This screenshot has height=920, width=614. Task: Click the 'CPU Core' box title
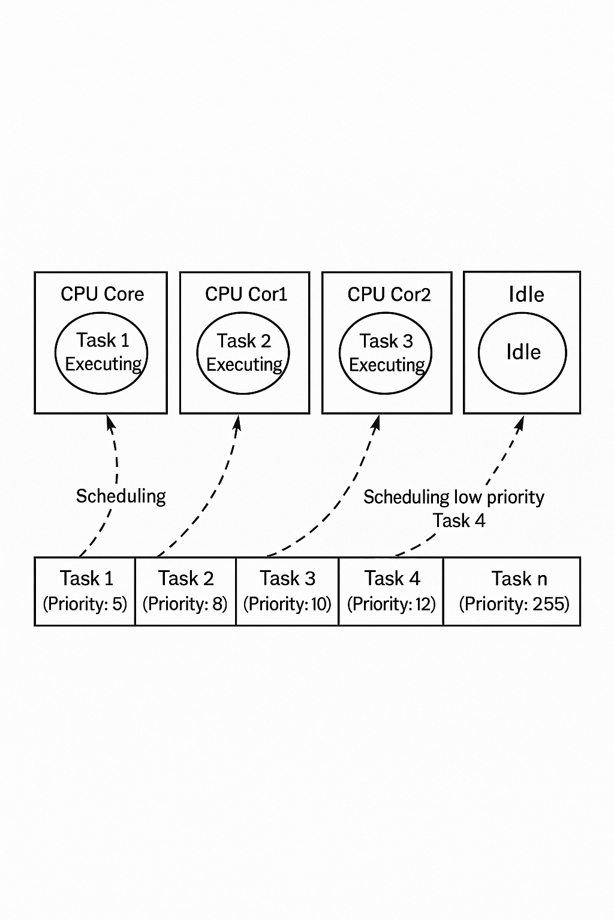[x=102, y=294]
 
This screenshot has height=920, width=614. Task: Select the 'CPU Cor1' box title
[x=246, y=294]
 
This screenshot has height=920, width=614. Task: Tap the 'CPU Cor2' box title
[x=389, y=295]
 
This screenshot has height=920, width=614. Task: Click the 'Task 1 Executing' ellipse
[x=101, y=353]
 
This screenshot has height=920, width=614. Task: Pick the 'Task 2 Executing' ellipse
[x=243, y=353]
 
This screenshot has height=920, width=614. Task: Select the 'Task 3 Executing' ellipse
[x=386, y=353]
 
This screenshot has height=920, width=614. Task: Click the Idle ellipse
[x=522, y=353]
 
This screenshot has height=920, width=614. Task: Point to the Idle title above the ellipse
[x=526, y=295]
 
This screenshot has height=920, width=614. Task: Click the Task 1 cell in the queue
[x=85, y=591]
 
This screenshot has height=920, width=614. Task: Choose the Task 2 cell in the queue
[x=185, y=591]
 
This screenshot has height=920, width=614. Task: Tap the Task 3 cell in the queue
[x=287, y=591]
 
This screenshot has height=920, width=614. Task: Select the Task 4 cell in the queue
[x=391, y=591]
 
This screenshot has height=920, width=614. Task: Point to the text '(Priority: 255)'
[x=514, y=604]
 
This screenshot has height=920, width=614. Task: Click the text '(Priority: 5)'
[x=85, y=604]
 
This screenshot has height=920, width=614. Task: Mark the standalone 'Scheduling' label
[x=121, y=497]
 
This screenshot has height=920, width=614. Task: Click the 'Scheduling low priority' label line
[x=453, y=497]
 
